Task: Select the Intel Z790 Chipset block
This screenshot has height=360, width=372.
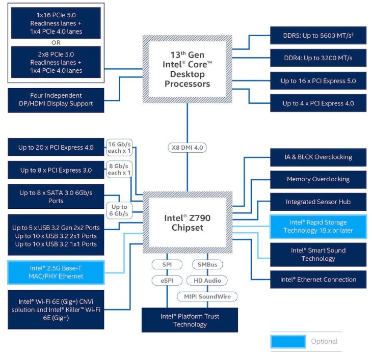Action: tap(187, 223)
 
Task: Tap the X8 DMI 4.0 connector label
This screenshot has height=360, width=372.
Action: tap(187, 148)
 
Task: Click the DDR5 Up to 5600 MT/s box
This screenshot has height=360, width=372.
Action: tap(318, 35)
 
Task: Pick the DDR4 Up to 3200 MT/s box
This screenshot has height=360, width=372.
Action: tap(318, 58)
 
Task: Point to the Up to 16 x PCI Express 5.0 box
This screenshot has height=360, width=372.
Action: tap(318, 80)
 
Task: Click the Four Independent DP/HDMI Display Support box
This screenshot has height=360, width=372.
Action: tap(56, 100)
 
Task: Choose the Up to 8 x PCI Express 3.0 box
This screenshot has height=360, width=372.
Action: tap(56, 170)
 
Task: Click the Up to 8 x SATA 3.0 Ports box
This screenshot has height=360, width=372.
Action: tap(56, 197)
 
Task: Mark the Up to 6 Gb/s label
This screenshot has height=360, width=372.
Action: tap(119, 210)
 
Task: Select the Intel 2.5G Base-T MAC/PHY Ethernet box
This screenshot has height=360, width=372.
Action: tap(56, 272)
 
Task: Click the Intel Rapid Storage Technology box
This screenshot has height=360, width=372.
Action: tap(318, 227)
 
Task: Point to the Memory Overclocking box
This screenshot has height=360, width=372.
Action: tap(318, 179)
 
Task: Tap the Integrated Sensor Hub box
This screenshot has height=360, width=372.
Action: tap(318, 202)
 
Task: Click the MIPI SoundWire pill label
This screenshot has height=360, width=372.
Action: tap(207, 296)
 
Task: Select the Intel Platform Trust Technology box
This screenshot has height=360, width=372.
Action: tap(190, 320)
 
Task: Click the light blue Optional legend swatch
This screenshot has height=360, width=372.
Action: tap(288, 341)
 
